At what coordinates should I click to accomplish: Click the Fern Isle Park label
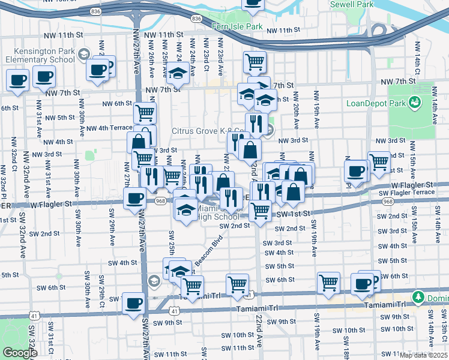pyautogui.click(x=237, y=27)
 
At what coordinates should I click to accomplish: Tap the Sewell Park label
pyautogui.click(x=351, y=4)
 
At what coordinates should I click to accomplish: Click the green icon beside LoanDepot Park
pyautogui.click(x=414, y=103)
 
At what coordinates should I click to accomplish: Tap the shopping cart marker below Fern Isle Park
pyautogui.click(x=255, y=61)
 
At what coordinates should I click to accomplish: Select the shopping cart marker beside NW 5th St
pyautogui.click(x=145, y=112)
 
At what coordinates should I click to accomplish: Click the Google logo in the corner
pyautogui.click(x=20, y=353)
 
